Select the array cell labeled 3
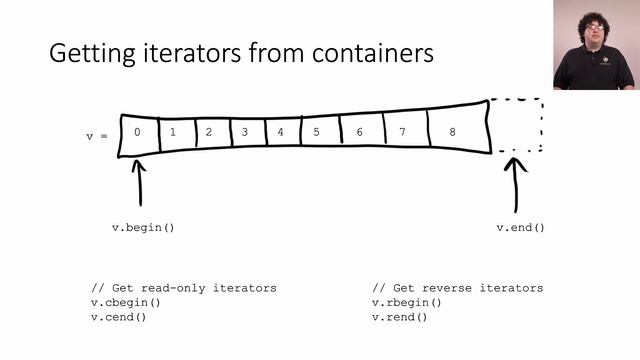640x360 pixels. (x=245, y=132)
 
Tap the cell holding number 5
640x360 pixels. (x=317, y=131)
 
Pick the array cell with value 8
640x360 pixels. (x=453, y=131)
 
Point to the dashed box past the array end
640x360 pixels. (x=516, y=126)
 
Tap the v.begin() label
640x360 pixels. (x=143, y=227)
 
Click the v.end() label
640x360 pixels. (x=521, y=227)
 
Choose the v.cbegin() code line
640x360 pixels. (x=126, y=303)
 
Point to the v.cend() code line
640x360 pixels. (x=118, y=317)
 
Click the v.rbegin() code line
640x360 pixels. (x=406, y=303)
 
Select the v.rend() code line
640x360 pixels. (x=399, y=317)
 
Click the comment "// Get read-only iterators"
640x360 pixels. (x=184, y=288)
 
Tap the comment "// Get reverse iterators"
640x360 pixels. (x=457, y=288)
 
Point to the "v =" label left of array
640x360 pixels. (x=96, y=135)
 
